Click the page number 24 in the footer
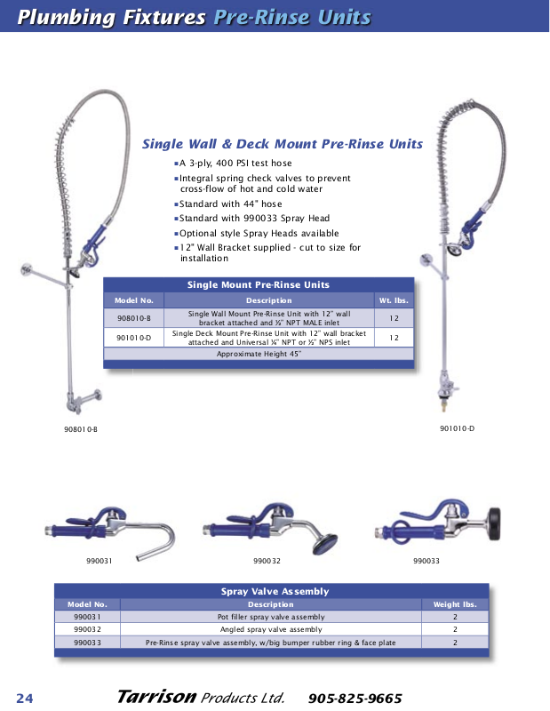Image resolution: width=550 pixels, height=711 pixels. click(x=24, y=698)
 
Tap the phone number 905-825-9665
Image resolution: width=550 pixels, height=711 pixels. click(x=355, y=698)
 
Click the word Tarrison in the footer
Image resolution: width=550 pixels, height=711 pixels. click(x=155, y=697)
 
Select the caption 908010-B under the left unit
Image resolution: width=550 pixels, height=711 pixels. click(x=80, y=429)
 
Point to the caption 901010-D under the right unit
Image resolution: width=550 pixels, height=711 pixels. click(x=457, y=429)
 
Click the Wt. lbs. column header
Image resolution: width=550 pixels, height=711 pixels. click(x=393, y=300)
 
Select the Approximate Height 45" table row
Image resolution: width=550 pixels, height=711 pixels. click(x=259, y=354)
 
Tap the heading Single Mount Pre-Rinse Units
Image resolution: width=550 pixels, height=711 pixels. click(x=259, y=285)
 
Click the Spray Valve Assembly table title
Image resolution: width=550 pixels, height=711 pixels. click(x=275, y=591)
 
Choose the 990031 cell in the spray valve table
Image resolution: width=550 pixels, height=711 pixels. click(x=87, y=617)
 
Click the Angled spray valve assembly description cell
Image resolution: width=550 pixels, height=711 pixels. click(x=271, y=629)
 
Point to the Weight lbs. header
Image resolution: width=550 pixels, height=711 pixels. click(x=455, y=604)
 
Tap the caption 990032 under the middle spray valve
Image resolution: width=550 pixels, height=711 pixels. click(x=267, y=561)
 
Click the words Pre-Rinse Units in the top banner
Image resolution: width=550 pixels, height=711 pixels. click(x=292, y=17)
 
